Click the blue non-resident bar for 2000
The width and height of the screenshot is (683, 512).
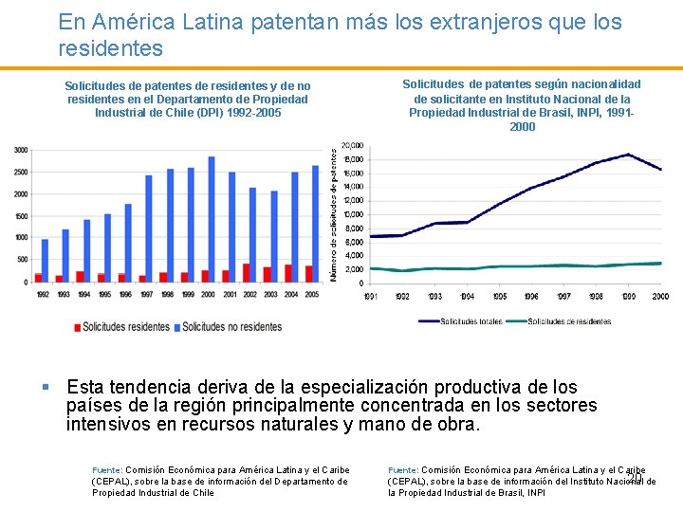coord(212,219)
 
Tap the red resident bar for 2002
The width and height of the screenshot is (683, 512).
coord(247,272)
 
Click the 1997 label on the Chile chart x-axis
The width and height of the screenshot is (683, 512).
coord(147,294)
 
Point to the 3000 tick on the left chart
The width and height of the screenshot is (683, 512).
coord(20,150)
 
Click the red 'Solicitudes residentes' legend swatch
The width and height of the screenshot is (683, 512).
coord(77,327)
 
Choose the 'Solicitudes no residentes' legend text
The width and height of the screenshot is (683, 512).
coord(232,327)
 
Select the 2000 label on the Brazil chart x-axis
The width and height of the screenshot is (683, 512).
coord(660,297)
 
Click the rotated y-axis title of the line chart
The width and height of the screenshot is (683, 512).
coord(334,212)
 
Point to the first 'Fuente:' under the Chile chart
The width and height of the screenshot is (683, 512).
coord(107,469)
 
